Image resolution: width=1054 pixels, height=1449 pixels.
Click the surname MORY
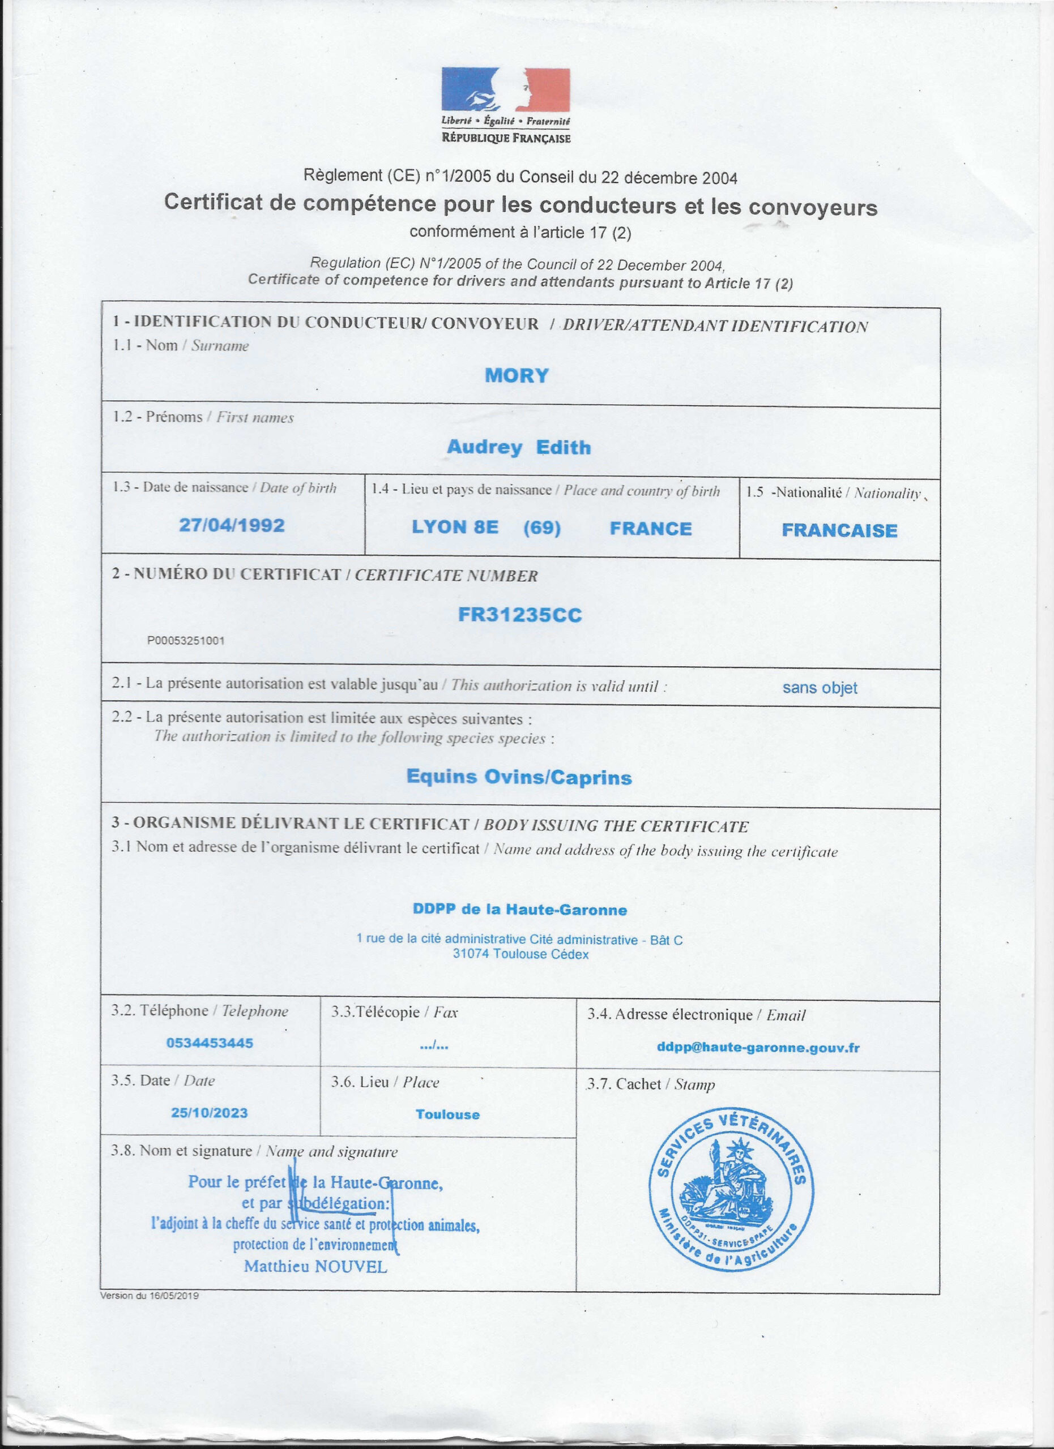coord(517,376)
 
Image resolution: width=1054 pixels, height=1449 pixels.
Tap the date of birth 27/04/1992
coord(232,525)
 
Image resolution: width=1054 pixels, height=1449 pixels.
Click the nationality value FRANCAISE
coord(839,530)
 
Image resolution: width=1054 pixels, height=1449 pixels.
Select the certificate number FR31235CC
coord(520,615)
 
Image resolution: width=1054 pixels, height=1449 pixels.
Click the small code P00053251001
coord(186,640)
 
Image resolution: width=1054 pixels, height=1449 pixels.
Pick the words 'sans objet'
coord(820,688)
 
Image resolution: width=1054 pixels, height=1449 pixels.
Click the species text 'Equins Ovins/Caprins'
coord(519,777)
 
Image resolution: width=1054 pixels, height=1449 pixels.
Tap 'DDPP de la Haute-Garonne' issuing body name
coord(520,910)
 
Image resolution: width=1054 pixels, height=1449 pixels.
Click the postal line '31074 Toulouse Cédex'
coord(520,954)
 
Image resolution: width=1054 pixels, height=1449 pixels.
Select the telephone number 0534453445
coord(210,1043)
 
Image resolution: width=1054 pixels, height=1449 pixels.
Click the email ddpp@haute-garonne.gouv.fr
coord(758,1048)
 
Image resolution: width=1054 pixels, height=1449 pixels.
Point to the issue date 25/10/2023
coord(209,1112)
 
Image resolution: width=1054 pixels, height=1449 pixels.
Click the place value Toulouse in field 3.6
coord(447,1114)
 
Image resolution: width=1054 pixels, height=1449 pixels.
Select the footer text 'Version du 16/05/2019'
coord(149,1296)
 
